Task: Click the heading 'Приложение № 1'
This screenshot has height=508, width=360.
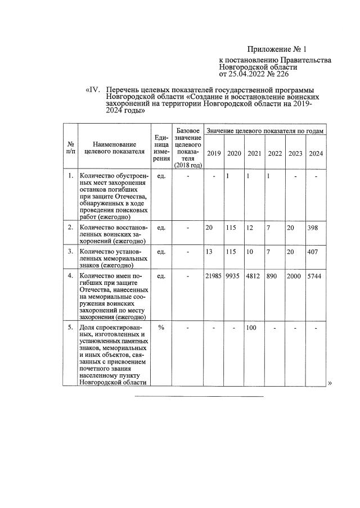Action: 278,49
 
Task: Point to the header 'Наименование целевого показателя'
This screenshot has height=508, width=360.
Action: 115,147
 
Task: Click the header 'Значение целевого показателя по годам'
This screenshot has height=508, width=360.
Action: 265,131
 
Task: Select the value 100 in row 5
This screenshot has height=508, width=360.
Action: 252,328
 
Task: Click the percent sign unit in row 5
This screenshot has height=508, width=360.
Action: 161,328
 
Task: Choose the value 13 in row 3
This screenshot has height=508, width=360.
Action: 209,251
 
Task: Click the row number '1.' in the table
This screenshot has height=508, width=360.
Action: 70,176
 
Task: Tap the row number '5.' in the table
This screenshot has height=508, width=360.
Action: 70,328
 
